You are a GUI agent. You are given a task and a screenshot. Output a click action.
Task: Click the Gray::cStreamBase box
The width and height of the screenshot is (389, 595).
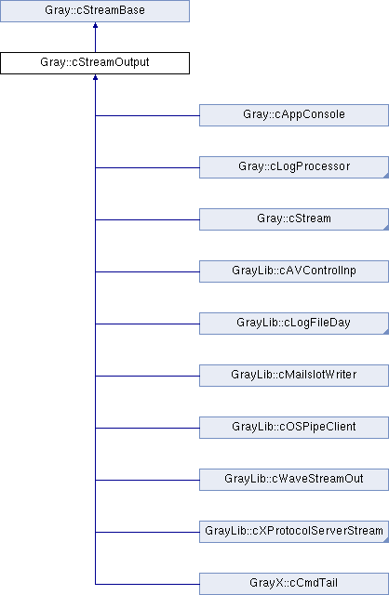click(95, 11)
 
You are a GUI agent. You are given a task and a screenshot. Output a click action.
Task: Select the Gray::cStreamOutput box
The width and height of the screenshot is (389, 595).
click(95, 63)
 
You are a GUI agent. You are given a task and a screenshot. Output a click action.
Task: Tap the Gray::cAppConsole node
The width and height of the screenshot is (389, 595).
click(294, 115)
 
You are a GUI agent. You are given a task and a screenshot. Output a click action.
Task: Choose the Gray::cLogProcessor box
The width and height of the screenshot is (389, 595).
click(294, 167)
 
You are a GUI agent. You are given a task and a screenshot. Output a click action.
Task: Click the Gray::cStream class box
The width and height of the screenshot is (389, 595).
click(294, 219)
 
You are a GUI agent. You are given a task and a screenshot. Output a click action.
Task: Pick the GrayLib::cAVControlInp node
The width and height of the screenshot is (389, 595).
click(294, 271)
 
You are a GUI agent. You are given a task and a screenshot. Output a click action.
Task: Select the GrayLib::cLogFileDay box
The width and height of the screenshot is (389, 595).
click(294, 324)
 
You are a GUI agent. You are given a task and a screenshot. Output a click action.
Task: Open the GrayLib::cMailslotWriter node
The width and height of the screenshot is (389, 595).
click(294, 376)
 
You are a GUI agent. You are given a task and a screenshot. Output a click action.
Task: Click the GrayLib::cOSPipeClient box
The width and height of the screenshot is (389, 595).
click(294, 428)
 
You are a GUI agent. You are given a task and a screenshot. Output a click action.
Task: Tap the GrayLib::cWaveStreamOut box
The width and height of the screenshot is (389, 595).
click(294, 480)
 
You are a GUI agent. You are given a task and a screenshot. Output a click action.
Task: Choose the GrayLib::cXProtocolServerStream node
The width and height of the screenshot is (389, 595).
click(294, 531)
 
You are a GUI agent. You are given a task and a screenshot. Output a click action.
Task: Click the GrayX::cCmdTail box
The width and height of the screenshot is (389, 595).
click(294, 584)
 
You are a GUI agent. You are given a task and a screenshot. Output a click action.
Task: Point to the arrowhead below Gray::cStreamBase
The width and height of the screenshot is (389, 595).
click(95, 25)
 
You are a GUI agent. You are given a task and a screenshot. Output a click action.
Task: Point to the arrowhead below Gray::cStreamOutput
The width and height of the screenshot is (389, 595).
click(95, 77)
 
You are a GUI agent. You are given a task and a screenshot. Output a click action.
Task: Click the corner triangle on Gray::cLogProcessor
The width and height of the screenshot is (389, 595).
click(386, 176)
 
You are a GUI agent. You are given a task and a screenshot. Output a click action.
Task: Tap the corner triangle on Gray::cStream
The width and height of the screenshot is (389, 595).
click(386, 228)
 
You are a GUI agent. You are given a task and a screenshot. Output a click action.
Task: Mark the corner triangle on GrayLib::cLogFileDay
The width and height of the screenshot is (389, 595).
click(386, 332)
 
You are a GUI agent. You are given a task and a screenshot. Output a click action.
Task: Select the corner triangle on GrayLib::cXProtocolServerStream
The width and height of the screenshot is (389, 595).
click(386, 540)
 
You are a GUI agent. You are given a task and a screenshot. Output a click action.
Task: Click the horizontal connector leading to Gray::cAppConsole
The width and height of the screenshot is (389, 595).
click(147, 115)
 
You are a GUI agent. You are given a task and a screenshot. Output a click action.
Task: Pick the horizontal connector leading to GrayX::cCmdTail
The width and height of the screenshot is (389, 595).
click(147, 584)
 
